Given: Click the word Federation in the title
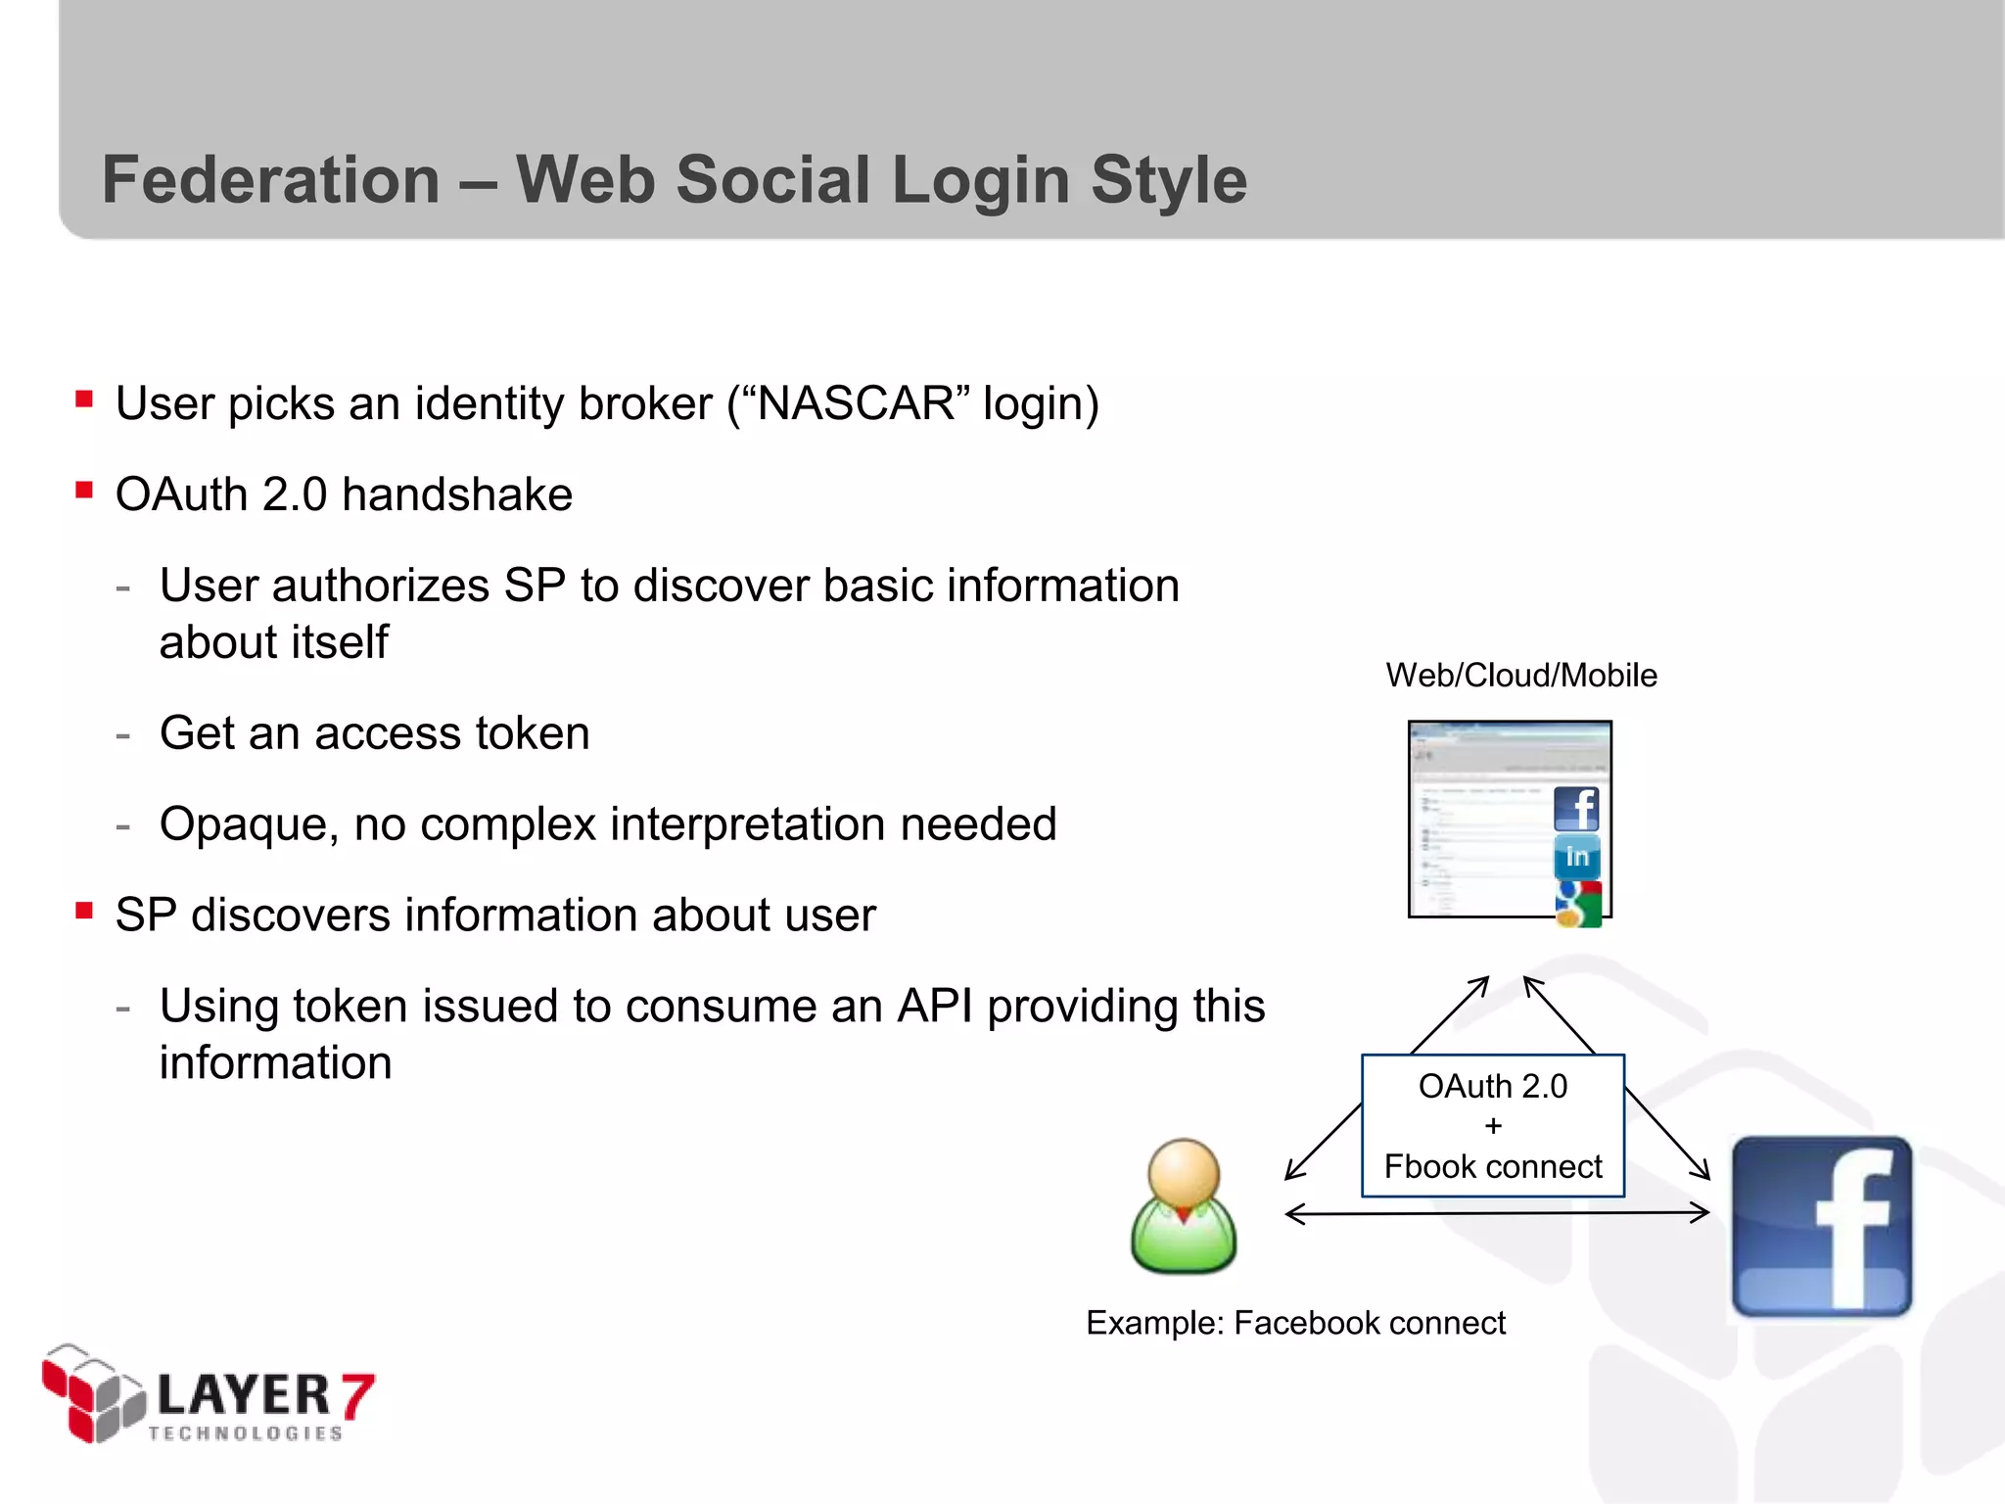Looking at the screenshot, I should click(x=271, y=180).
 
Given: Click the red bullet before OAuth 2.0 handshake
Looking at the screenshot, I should click(x=84, y=490).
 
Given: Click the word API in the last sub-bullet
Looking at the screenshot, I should click(x=934, y=1007).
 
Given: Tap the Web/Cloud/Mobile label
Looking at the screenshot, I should click(x=1520, y=676).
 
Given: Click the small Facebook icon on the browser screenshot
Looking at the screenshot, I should click(x=1576, y=809).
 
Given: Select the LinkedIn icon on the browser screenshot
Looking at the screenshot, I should click(x=1576, y=857).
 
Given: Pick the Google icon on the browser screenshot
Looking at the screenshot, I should click(x=1577, y=904).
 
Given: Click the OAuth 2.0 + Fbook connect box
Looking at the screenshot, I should click(x=1492, y=1126).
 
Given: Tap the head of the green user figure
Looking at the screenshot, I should click(x=1184, y=1171).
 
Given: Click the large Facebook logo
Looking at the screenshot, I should click(x=1821, y=1226).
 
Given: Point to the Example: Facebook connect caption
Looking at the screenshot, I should click(x=1294, y=1323).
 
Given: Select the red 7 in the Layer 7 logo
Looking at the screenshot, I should click(x=357, y=1394).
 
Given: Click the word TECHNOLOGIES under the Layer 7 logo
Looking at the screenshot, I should click(x=245, y=1433).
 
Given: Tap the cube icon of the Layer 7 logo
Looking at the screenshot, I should click(x=93, y=1392).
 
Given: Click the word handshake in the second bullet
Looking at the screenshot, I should click(x=457, y=494).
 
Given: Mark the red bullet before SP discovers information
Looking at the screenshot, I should click(x=84, y=911).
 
